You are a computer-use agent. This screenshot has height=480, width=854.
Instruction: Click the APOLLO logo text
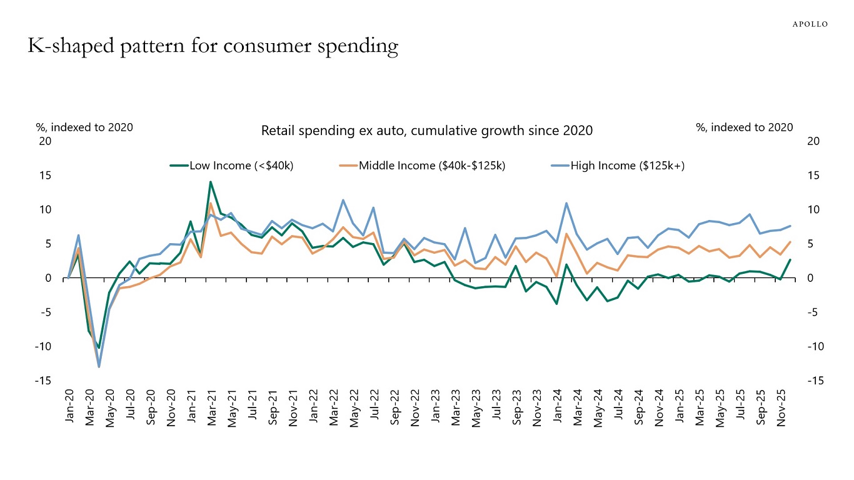click(x=810, y=24)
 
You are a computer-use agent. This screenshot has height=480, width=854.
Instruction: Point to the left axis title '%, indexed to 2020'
click(x=84, y=127)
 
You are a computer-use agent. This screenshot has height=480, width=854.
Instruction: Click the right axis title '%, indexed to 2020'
click(x=744, y=127)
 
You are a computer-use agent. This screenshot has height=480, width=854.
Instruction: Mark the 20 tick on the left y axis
click(x=44, y=141)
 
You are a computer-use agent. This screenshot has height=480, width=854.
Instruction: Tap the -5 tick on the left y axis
click(x=46, y=312)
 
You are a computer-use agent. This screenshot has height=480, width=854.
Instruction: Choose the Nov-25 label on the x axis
click(x=780, y=407)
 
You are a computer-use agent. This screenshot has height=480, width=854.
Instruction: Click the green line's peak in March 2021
click(x=211, y=182)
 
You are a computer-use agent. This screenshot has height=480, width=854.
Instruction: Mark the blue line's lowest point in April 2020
click(x=99, y=366)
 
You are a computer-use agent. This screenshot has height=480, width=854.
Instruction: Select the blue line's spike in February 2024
click(x=566, y=203)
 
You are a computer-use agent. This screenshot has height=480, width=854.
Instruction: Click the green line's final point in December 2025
click(x=790, y=260)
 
